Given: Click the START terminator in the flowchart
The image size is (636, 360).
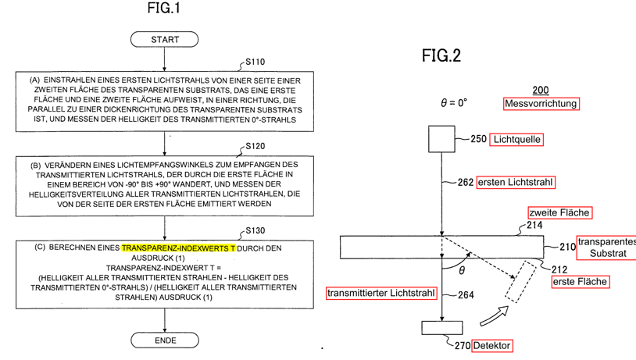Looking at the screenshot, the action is point(164,39).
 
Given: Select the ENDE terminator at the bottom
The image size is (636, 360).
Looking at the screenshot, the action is point(165,340).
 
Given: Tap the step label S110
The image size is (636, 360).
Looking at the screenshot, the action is point(255,62).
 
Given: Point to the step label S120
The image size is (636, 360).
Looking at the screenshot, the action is point(255,146).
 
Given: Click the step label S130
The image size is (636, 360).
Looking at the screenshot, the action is point(255,230).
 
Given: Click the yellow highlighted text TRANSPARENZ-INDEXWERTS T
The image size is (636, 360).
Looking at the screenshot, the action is point(178,248).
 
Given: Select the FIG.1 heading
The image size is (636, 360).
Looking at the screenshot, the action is point(163,8).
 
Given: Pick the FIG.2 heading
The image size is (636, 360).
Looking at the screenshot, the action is point(441,55).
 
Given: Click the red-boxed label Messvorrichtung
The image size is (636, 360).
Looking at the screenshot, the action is point(541,104).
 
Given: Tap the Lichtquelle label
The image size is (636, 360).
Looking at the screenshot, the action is point(516,140).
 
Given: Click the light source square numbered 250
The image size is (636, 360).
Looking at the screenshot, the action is point(441,139).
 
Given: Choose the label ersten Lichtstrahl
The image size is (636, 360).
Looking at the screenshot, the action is point(516,183).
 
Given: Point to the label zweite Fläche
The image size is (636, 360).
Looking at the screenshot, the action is point(560,213).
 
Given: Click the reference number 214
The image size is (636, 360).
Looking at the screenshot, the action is point(534,225).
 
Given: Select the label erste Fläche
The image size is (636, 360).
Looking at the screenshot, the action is point(581,282).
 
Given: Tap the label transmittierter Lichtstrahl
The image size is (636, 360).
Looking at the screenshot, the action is point(381,293).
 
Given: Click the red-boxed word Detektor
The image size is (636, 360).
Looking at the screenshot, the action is point(491,346).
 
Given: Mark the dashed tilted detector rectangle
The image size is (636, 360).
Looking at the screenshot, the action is point(521,282).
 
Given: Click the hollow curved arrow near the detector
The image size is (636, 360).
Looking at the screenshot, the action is point(495,316).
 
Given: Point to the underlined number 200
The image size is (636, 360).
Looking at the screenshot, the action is point(540,91).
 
